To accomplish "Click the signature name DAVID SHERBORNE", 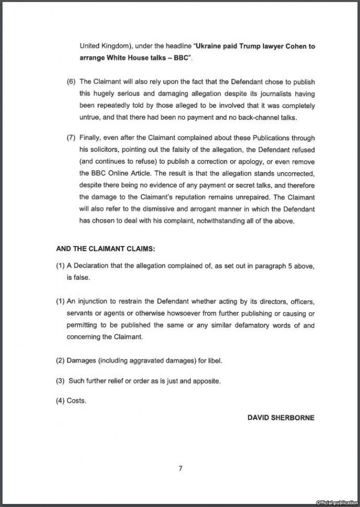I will (x=281, y=418).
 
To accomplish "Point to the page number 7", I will (x=180, y=468).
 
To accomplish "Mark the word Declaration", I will (x=93, y=266).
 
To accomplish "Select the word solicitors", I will (x=100, y=150).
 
